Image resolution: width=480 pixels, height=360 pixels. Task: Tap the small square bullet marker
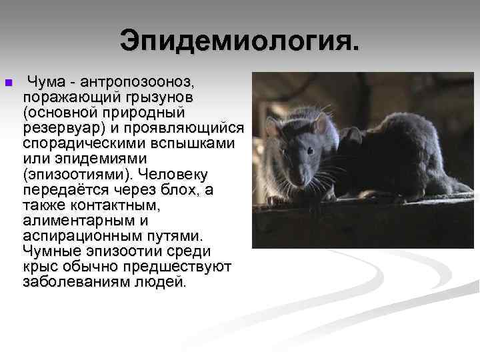click(x=8, y=83)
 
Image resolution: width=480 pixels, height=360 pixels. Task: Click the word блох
click(x=178, y=189)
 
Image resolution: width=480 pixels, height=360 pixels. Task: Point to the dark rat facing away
click(x=393, y=157)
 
